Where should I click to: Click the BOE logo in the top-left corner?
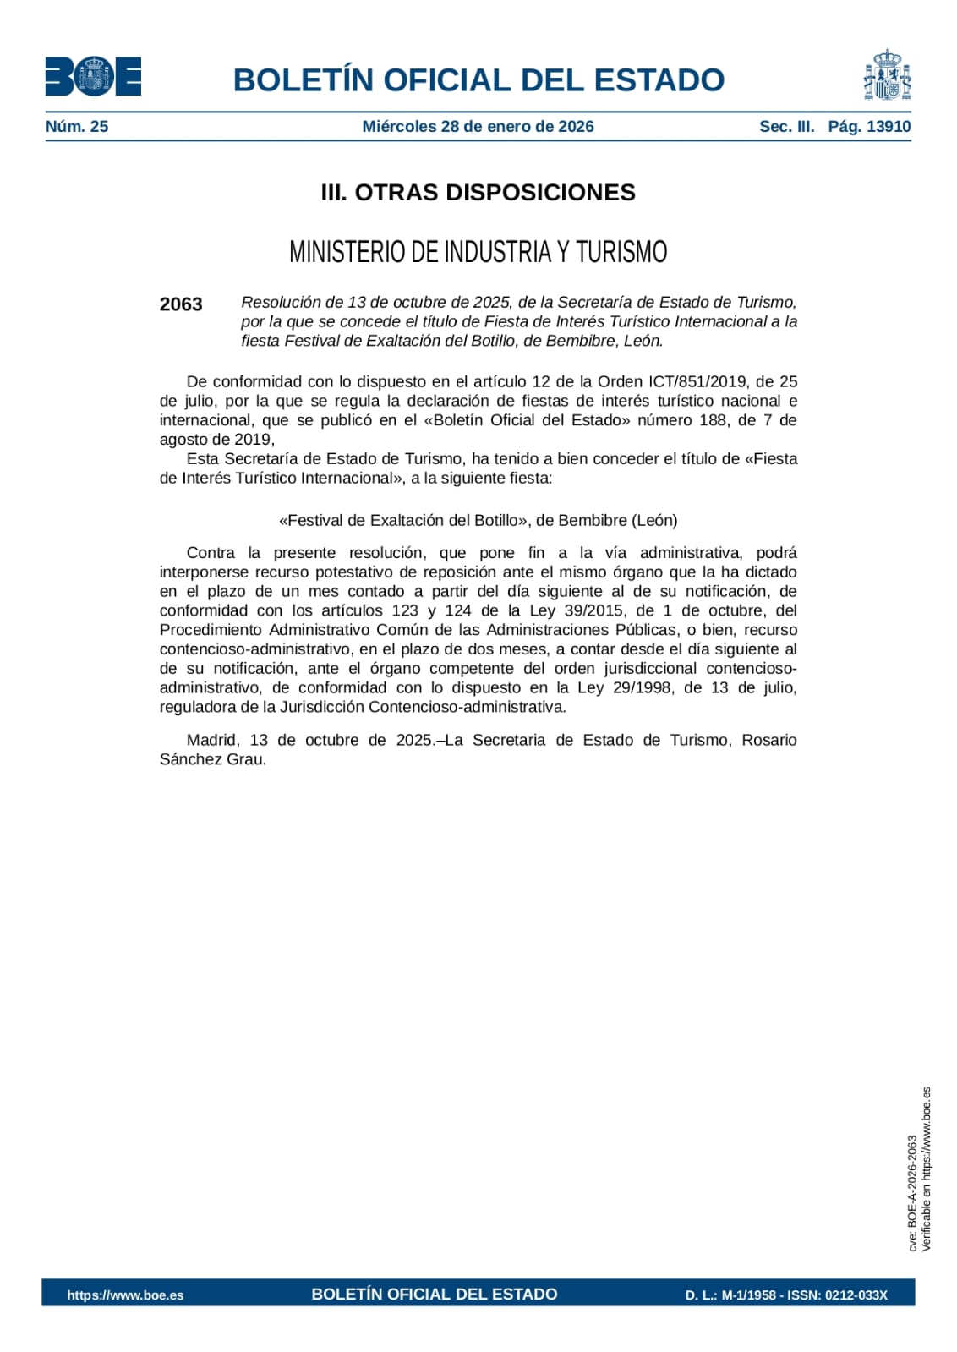pos(93,77)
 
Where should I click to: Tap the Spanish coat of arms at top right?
pos(887,75)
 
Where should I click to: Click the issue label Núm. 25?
pos(77,127)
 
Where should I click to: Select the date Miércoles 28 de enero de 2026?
pos(478,127)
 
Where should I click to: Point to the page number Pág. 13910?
pos(869,127)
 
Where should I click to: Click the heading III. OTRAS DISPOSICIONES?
pos(478,193)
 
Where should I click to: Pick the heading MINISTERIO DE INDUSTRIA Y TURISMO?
pos(478,252)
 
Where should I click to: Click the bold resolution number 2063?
pos(181,304)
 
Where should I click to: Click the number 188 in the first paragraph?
pos(713,420)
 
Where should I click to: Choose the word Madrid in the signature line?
pos(212,741)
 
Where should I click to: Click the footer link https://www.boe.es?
pos(125,1295)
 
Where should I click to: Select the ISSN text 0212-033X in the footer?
pos(856,1295)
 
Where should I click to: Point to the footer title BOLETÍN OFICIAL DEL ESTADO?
pos(434,1295)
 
